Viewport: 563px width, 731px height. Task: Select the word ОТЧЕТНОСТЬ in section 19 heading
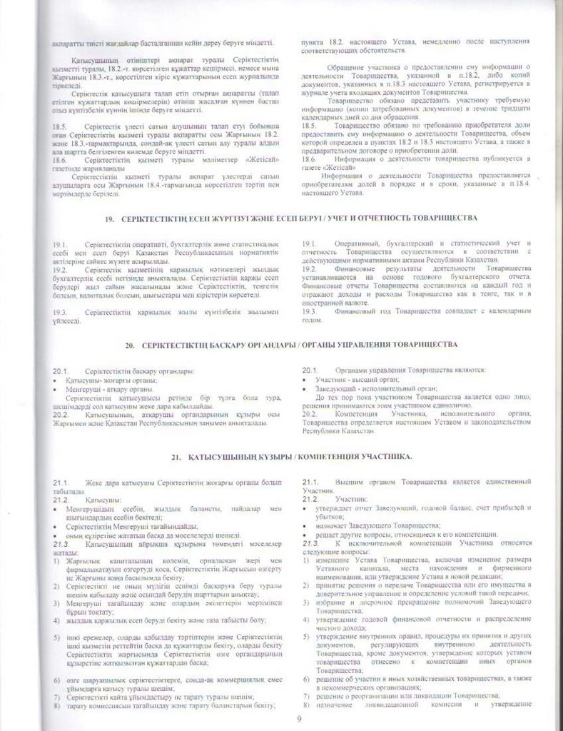pyautogui.click(x=387, y=216)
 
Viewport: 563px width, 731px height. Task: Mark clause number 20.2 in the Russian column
pyautogui.click(x=310, y=414)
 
